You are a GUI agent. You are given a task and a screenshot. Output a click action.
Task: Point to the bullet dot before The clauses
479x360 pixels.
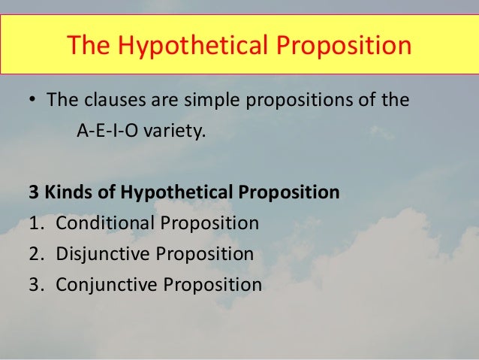click(34, 100)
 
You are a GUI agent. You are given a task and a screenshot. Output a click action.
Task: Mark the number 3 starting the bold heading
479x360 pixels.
click(34, 192)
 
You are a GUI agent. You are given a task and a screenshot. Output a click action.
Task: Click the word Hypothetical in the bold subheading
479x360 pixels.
click(170, 192)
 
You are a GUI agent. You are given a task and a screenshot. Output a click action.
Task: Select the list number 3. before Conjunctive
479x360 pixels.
click(36, 285)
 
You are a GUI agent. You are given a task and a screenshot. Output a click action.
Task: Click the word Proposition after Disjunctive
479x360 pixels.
click(204, 253)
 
